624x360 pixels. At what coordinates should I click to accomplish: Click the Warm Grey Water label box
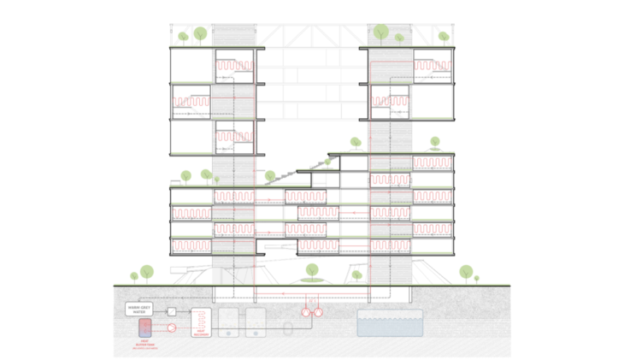[138, 309]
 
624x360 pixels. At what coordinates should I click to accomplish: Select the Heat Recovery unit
[201, 322]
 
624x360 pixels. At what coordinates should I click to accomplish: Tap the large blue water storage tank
[390, 322]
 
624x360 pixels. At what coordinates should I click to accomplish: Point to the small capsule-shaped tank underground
[288, 328]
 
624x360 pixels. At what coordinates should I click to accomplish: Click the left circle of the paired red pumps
[306, 312]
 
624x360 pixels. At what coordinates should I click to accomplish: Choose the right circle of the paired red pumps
[318, 312]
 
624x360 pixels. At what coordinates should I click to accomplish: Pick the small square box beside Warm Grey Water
[172, 311]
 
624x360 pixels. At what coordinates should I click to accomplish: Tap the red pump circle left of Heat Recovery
[172, 328]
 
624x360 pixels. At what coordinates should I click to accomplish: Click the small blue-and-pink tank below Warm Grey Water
[145, 327]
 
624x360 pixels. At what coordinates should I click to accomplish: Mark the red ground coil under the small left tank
[145, 345]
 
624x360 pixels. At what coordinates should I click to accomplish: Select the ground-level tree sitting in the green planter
[312, 272]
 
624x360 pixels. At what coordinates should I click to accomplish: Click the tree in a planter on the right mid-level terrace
[435, 143]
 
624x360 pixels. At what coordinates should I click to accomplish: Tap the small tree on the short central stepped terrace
[327, 162]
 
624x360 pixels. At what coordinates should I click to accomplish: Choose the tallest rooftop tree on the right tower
[381, 32]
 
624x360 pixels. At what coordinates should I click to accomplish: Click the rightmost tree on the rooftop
[444, 37]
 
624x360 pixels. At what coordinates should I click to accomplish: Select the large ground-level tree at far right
[466, 273]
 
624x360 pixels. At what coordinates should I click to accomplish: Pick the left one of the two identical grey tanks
[228, 322]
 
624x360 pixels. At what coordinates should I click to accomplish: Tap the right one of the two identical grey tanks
[256, 322]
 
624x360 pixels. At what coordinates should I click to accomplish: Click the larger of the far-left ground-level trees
[147, 273]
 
